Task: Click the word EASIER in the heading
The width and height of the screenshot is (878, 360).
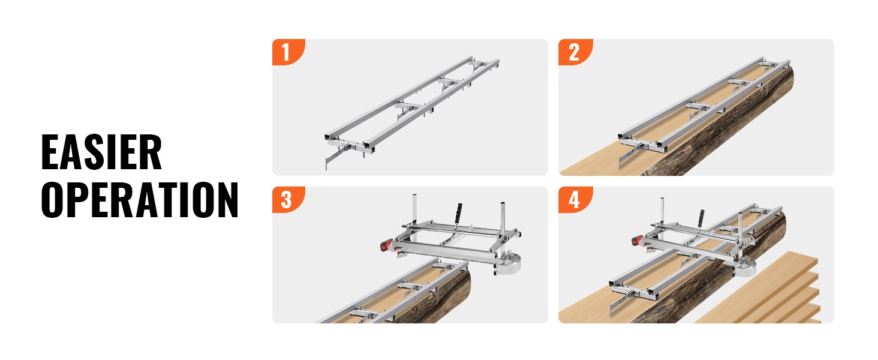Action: pos(101,152)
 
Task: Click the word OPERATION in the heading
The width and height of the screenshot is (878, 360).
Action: pos(140,200)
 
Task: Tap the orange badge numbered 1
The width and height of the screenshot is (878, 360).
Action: pos(288,52)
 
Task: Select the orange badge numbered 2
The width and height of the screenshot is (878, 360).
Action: pos(575,52)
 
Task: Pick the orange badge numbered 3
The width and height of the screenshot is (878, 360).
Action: pos(288,200)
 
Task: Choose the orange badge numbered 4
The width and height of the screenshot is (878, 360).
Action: pos(575,200)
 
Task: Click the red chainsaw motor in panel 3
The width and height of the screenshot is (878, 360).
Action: pos(387,245)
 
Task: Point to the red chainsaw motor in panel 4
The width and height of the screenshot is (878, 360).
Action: pos(638,239)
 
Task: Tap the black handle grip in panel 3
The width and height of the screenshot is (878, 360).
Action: pos(458,214)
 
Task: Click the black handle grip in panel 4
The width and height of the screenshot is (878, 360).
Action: pos(700,217)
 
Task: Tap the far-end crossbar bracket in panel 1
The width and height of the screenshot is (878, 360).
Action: pos(482,64)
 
